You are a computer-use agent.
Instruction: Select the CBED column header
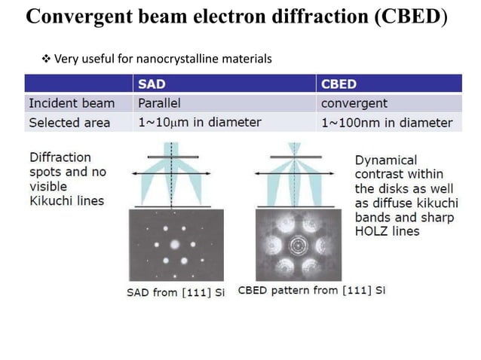(339, 84)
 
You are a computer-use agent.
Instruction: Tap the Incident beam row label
(72, 103)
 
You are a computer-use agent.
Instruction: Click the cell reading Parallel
(159, 103)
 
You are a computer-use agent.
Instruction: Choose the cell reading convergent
(354, 103)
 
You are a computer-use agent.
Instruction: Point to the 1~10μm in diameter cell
(199, 122)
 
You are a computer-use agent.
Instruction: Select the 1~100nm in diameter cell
(387, 122)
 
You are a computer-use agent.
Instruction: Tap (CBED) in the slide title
(410, 17)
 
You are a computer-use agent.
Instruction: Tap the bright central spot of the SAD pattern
(175, 245)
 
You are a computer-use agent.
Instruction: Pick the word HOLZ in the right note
(372, 231)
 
